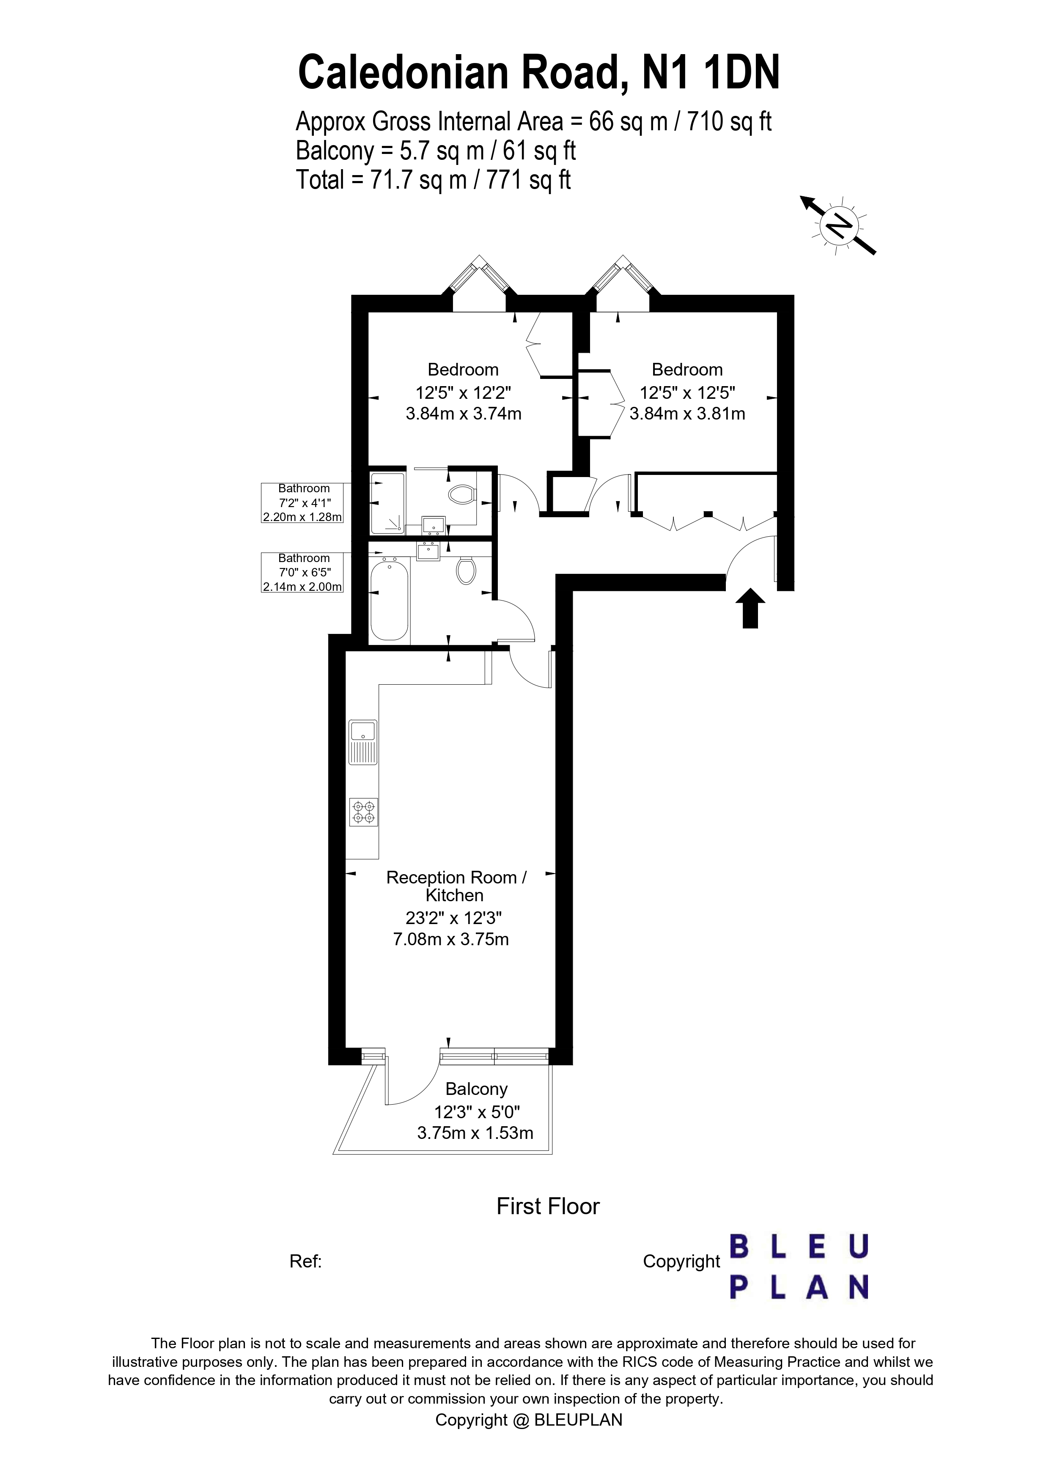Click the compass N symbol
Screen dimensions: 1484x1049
tap(839, 225)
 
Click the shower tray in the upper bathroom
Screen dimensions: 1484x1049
tap(387, 503)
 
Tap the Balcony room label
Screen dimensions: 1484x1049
tap(476, 1089)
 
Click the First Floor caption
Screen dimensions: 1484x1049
tap(547, 1206)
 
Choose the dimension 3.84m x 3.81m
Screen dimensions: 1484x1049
tap(687, 414)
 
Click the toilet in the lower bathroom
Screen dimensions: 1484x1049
tap(466, 571)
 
